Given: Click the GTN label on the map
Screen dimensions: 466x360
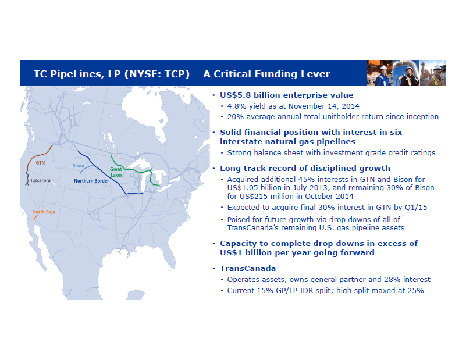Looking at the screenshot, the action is tap(40, 163).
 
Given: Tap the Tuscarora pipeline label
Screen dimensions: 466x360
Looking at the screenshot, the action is tap(40, 181).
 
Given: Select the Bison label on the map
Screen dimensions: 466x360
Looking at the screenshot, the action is tap(78, 166).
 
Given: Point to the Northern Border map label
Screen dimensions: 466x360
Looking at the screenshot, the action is tap(91, 181).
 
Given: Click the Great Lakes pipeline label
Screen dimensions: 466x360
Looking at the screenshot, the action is tap(116, 172).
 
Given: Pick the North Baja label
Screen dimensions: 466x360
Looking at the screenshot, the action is tap(44, 212).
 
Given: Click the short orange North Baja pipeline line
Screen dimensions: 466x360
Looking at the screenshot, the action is tap(35, 218).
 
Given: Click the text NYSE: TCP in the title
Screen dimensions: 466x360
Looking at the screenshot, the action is tap(157, 74).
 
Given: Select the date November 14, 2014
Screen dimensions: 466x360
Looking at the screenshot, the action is tap(323, 106).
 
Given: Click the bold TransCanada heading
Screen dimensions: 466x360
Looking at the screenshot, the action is tap(248, 269).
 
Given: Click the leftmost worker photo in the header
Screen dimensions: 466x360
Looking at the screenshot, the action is tap(379, 73).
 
